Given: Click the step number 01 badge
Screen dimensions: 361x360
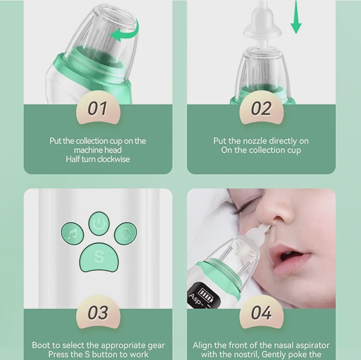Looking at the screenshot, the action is pyautogui.click(x=98, y=108).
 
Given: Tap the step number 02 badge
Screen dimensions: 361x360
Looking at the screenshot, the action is pyautogui.click(x=261, y=108).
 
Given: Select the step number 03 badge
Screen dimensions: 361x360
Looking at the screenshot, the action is pyautogui.click(x=98, y=312).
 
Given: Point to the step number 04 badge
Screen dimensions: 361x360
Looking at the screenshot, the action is pyautogui.click(x=261, y=312).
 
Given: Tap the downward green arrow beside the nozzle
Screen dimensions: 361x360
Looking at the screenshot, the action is pyautogui.click(x=296, y=17).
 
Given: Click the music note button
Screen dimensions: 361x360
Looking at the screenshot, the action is pyautogui.click(x=72, y=234).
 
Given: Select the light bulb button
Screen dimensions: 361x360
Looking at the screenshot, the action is pyautogui.click(x=126, y=233).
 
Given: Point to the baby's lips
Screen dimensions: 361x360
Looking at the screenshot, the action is pyautogui.click(x=291, y=258).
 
